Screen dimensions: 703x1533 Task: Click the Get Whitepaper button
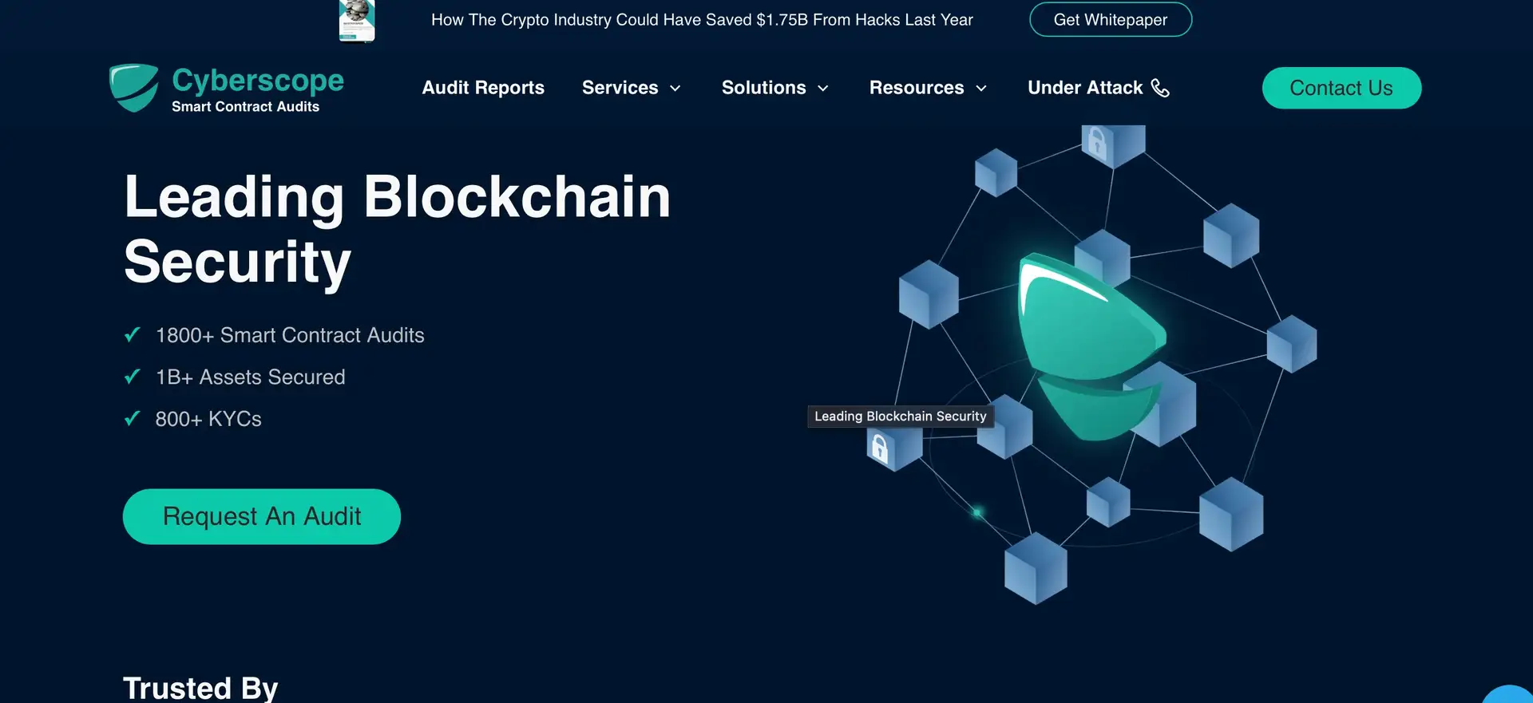1110,20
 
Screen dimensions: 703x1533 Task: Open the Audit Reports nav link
483,88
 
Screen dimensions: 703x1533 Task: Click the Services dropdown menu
631,88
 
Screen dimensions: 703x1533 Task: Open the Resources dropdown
928,88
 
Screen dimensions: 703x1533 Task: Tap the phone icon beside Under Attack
1160,88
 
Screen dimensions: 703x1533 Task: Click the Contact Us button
1341,88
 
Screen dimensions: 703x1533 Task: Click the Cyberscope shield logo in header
134,88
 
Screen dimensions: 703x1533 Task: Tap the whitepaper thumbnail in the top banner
357,20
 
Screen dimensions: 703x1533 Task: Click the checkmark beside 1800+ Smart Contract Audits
133,335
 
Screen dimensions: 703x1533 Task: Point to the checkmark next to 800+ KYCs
133,418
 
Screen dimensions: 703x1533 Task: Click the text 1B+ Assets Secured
250,377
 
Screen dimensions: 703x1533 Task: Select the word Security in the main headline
238,262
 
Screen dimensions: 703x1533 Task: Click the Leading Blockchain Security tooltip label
900,417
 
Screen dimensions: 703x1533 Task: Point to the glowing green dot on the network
977,512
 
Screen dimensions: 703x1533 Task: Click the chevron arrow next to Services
675,89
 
